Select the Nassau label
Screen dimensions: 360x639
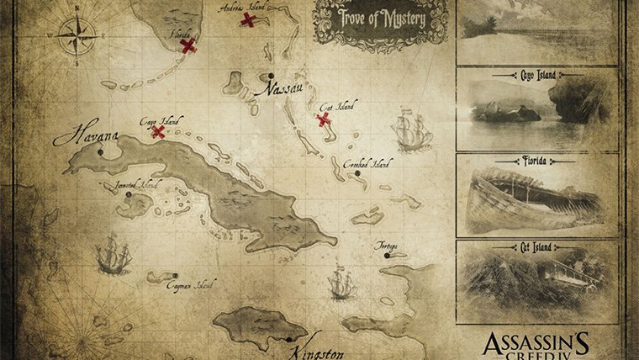280,85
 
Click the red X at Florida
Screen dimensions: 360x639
188,45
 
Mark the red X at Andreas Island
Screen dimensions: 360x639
249,19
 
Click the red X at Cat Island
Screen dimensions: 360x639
323,119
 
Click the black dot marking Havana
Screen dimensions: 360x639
101,153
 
